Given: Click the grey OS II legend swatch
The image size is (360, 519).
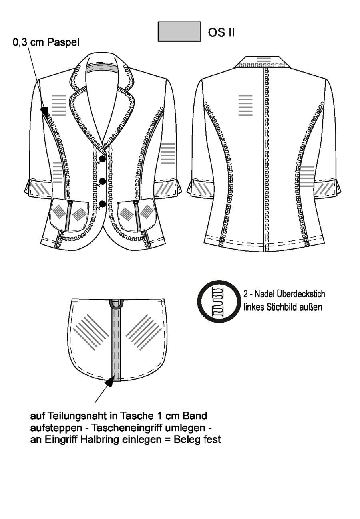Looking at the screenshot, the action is (179, 31).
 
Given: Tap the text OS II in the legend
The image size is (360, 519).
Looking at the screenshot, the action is (221, 32).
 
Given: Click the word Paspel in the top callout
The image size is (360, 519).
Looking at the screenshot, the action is (63, 42).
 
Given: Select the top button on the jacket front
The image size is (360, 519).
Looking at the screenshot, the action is (103, 158).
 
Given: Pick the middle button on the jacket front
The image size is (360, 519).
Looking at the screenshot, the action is (103, 181).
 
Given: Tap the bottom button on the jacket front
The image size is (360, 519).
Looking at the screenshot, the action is (103, 204).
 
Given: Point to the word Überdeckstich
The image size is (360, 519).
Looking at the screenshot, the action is (301, 294).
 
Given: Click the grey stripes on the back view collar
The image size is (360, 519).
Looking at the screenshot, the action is (264, 59).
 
